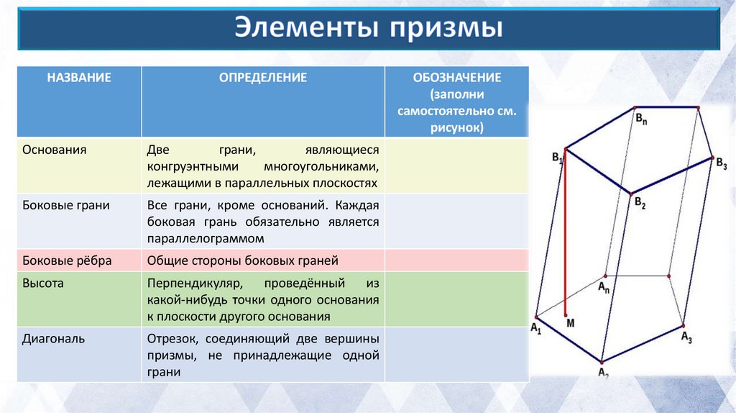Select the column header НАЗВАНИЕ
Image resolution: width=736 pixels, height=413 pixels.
pyautogui.click(x=79, y=78)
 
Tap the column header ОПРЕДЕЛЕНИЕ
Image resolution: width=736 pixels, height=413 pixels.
pyautogui.click(x=263, y=78)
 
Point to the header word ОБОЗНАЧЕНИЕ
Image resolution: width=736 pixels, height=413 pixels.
pyautogui.click(x=457, y=78)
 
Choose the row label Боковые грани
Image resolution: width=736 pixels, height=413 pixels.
pyautogui.click(x=66, y=206)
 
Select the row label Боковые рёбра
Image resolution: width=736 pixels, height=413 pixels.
pyautogui.click(x=67, y=260)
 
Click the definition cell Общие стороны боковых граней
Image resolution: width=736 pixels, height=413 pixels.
pyautogui.click(x=242, y=260)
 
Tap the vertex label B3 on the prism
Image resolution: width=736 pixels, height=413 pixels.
pyautogui.click(x=721, y=165)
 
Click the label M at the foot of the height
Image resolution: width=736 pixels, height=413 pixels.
pyautogui.click(x=571, y=323)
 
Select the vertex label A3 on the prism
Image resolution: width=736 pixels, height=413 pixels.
pyautogui.click(x=686, y=336)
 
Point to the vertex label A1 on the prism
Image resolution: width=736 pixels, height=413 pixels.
pyautogui.click(x=535, y=328)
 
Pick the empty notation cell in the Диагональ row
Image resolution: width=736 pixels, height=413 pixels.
pyautogui.click(x=457, y=355)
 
